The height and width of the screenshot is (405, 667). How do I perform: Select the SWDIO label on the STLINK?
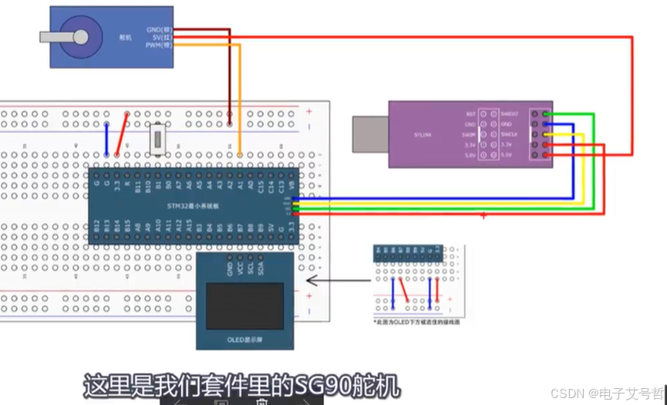pyautogui.click(x=510, y=113)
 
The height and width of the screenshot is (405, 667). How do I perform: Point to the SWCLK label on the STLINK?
pyautogui.click(x=510, y=133)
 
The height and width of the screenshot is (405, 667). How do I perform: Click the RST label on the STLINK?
pyautogui.click(x=471, y=113)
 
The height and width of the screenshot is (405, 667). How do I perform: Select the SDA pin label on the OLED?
pyautogui.click(x=261, y=268)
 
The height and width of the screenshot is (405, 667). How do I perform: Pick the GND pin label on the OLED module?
pyautogui.click(x=230, y=268)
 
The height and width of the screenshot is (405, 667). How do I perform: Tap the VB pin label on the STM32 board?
pyautogui.click(x=291, y=185)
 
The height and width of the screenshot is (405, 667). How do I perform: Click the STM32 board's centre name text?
pyautogui.click(x=194, y=207)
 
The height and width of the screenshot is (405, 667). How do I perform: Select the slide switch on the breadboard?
pyautogui.click(x=158, y=140)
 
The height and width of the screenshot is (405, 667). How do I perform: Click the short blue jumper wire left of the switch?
pyautogui.click(x=106, y=139)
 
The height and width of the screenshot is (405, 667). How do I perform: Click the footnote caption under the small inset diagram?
pyautogui.click(x=416, y=322)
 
